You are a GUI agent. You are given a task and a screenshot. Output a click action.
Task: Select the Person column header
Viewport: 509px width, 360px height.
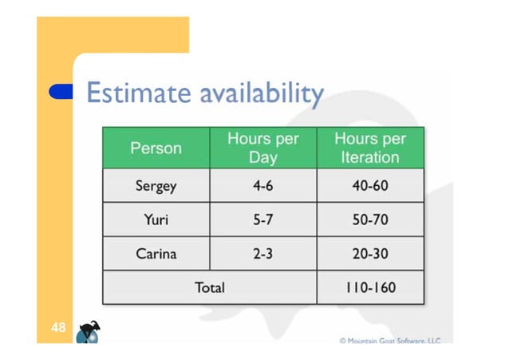click(156, 148)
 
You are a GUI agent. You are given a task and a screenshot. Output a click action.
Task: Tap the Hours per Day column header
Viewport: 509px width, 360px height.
click(263, 148)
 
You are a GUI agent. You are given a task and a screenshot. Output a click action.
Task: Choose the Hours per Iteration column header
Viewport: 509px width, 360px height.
click(369, 148)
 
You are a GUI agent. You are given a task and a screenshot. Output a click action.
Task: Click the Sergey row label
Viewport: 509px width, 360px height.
click(156, 186)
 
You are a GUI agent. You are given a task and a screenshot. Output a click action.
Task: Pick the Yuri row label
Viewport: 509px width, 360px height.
click(156, 220)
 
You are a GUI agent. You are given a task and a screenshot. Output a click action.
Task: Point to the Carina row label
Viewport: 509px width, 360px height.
click(156, 254)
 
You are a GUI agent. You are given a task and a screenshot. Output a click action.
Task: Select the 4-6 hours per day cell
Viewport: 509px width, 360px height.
click(263, 186)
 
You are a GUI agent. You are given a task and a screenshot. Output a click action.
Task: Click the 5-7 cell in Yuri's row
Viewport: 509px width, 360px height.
click(263, 220)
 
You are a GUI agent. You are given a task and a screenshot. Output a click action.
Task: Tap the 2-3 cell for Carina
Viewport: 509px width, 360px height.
click(263, 254)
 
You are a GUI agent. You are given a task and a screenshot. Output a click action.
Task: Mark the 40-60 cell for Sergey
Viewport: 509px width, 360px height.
click(369, 186)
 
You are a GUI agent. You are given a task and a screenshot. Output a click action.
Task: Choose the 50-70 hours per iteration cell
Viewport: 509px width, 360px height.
click(369, 220)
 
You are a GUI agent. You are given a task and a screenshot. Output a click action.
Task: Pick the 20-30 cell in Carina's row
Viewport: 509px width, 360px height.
click(369, 254)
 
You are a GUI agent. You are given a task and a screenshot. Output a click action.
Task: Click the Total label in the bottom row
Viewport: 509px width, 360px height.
click(210, 287)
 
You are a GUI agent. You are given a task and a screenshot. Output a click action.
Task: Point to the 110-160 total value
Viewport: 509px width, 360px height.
click(369, 287)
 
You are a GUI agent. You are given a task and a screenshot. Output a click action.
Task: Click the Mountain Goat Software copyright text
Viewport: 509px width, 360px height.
click(390, 340)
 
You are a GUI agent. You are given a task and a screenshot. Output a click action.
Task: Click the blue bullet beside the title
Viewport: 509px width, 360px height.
click(61, 92)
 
